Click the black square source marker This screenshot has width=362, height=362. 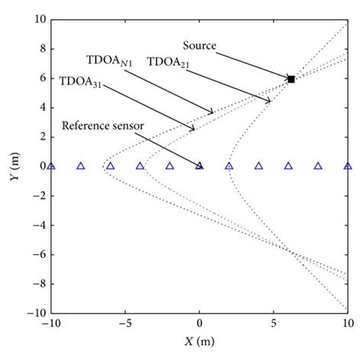pos(291,79)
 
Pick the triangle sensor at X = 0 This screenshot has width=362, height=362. pos(199,165)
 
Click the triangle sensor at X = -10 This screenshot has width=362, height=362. pos(51,165)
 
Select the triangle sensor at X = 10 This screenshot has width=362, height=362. pos(347,165)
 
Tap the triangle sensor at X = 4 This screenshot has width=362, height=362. pos(259,165)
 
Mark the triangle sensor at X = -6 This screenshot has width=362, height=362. pos(110,165)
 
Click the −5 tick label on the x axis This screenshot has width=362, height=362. pos(124,324)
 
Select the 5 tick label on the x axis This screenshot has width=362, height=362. pos(273,324)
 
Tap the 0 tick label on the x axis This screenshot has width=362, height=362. pos(199,324)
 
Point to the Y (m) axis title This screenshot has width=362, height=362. pos(13,165)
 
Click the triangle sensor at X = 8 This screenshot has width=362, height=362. pos(318,165)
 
